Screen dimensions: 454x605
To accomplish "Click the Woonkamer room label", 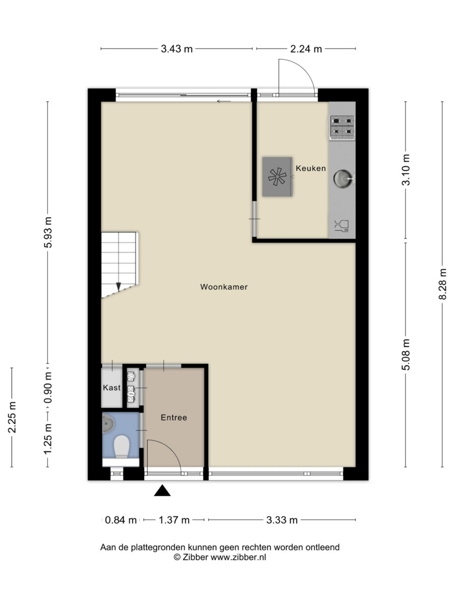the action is pos(224,287).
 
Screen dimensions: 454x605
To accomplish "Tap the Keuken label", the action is pos(311,168).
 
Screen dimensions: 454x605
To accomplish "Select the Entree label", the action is pos(174,417).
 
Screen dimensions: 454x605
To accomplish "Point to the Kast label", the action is pos(111,388).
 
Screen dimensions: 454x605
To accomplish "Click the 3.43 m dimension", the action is pos(177,49).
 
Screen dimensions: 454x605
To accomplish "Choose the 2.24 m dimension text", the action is pos(306,49).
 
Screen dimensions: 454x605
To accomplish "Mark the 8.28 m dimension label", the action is pos(442,284).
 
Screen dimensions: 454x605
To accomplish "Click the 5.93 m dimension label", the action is pos(48,232).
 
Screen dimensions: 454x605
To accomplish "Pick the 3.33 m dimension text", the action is pos(282,520).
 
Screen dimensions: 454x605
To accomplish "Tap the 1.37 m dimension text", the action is pos(174,520).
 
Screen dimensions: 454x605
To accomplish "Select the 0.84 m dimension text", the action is pos(121,520).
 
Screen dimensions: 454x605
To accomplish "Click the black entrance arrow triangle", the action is pos(162,491).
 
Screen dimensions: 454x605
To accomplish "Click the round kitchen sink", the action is pos(343,178).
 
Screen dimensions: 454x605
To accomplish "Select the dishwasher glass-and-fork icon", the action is pos(342,226).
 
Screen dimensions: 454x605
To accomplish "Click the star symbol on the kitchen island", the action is pos(277,176).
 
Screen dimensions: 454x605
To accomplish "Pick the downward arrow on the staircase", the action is pos(119,287).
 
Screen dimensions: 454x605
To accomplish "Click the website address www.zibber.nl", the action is pos(238,557).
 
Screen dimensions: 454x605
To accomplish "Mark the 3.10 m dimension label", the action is pos(406,170).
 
